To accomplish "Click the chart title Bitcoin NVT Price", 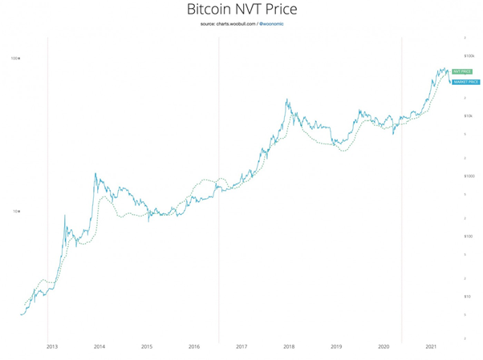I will tap(241, 10).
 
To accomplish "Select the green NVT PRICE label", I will tap(462, 71).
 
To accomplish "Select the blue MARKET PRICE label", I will tap(465, 82).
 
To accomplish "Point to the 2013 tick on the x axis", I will tap(52, 347).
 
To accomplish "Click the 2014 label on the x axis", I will tap(99, 347).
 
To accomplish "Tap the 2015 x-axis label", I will tap(147, 347).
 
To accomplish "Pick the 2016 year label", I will tap(194, 347).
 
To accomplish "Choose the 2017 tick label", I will tap(241, 347).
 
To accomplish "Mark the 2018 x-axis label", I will tap(289, 347).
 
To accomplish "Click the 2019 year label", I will tap(336, 347).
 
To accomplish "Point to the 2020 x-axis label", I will tap(384, 347).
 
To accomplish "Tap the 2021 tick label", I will tap(431, 347).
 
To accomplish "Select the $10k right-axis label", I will tap(469, 116).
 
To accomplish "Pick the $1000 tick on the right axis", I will tap(469, 176).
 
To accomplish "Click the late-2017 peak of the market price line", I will tap(286, 99).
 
